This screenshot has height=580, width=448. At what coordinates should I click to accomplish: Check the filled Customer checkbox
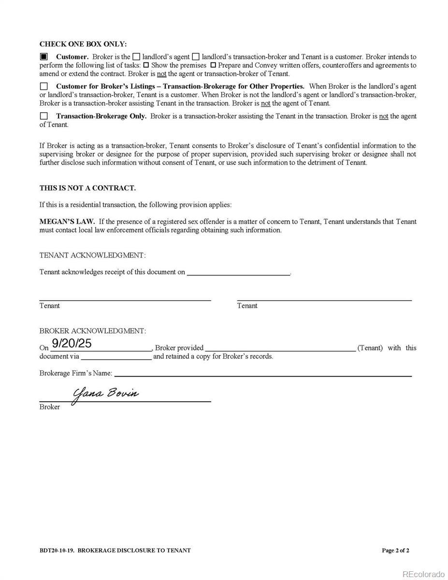tap(44, 57)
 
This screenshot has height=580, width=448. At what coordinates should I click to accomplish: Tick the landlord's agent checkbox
tap(137, 57)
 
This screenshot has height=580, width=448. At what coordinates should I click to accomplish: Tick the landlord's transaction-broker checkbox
tap(196, 57)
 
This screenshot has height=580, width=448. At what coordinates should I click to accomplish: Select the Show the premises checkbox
tap(146, 65)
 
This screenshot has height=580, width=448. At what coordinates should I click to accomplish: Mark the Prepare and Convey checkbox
tap(213, 65)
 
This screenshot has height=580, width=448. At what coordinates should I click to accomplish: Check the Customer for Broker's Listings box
tap(44, 87)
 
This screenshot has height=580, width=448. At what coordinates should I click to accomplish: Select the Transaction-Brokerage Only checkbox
tap(44, 116)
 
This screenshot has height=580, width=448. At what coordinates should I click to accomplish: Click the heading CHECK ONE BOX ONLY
tap(83, 44)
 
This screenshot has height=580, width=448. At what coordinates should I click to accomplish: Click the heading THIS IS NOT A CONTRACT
tap(87, 188)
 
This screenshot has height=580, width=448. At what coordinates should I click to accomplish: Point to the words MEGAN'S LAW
tap(67, 221)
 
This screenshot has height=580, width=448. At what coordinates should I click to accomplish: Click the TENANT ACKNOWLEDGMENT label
tap(92, 255)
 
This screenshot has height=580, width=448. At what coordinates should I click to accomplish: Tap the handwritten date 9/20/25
tap(72, 344)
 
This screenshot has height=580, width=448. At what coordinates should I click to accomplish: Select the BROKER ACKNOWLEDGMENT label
tap(92, 331)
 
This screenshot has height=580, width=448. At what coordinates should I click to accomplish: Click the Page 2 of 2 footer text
tap(395, 550)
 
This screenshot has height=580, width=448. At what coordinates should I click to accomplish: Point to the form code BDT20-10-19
tap(57, 550)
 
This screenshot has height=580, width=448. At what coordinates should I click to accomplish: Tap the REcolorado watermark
tap(423, 574)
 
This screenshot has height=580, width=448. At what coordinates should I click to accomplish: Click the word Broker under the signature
tap(50, 407)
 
